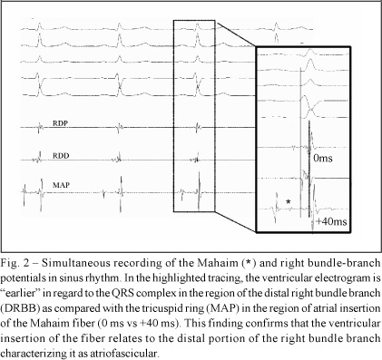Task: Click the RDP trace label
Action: [61, 123]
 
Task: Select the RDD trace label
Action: [61, 156]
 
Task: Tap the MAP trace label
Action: [61, 185]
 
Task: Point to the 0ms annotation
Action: [323, 158]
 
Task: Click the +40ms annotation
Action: [331, 221]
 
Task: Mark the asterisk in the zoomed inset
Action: [289, 201]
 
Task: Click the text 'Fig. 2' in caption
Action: [15, 263]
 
